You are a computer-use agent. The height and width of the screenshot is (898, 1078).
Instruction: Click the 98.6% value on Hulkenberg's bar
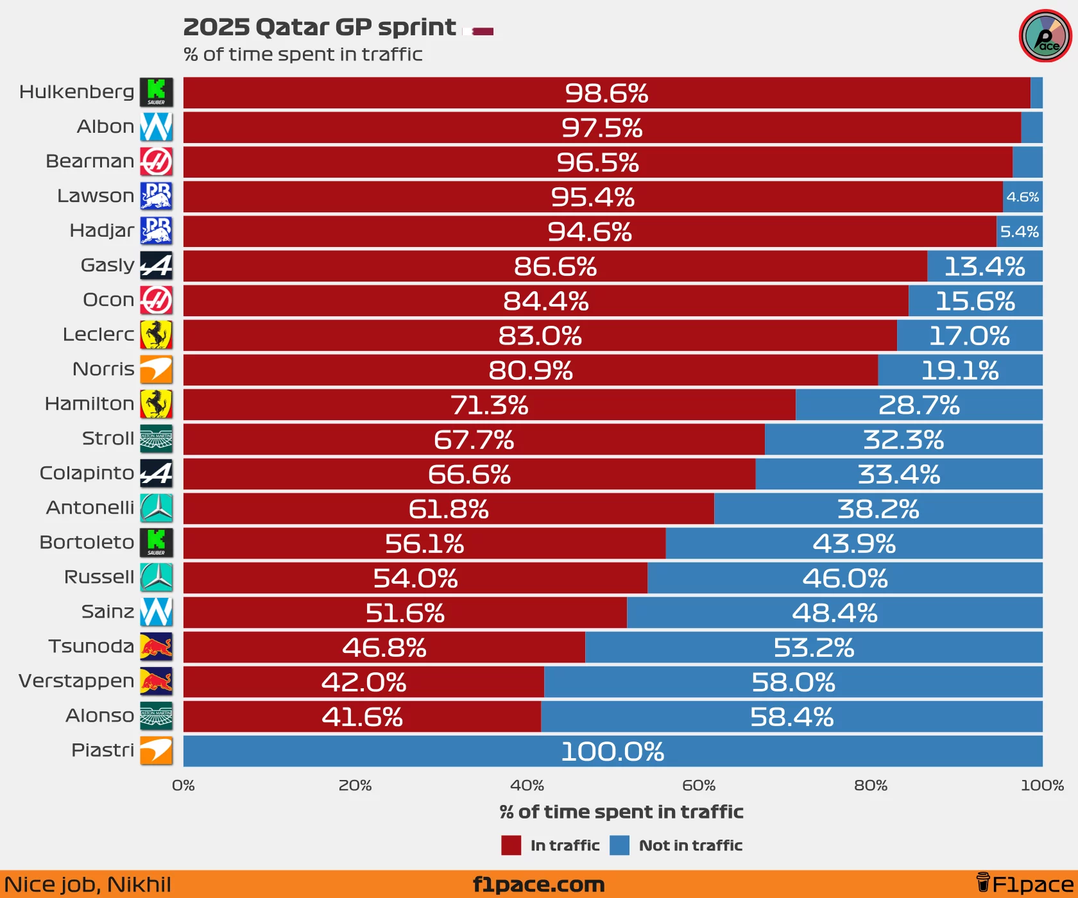coord(606,94)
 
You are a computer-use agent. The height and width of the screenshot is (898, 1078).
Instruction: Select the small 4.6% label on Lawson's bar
coord(1022,197)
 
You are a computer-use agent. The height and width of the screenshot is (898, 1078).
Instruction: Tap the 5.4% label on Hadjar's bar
coord(1019,232)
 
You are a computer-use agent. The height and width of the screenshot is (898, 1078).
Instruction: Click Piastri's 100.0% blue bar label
coord(612,752)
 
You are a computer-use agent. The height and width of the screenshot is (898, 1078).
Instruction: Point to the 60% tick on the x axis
coord(699,785)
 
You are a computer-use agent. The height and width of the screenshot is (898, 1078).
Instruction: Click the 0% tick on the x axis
coord(184,785)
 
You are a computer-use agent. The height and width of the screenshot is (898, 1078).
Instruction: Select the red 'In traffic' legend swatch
coord(511,845)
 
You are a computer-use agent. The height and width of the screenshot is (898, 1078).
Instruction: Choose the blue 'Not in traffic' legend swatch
coord(619,845)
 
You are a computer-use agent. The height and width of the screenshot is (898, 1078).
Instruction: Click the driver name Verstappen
coord(76,681)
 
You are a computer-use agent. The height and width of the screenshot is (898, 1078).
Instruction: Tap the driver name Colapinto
coord(87,473)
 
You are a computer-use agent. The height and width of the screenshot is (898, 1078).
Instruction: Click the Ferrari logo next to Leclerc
coord(157,335)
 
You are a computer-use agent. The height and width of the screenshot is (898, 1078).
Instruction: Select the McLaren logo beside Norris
coord(157,369)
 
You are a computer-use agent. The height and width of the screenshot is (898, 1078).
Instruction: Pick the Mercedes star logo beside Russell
coord(157,577)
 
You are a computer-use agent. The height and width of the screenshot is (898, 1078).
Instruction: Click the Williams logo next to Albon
coord(157,127)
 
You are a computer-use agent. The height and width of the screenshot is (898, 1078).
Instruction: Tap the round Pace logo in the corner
coord(1045,36)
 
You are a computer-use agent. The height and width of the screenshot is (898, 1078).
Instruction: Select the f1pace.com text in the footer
coord(538,885)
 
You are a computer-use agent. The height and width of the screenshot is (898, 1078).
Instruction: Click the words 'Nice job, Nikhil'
coord(87,885)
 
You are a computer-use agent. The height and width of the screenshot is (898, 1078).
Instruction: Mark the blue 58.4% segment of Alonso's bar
coord(791,717)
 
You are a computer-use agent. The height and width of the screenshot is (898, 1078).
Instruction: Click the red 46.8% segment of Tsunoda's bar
coord(384,648)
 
